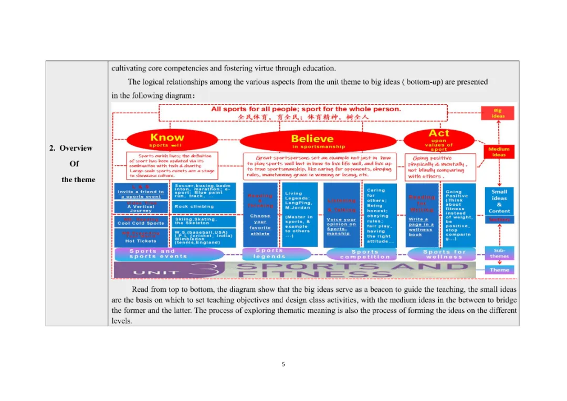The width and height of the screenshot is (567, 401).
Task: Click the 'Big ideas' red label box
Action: [497, 113]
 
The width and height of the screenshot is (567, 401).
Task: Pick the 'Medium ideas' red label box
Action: [498, 152]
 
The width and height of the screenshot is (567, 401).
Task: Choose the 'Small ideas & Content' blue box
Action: [499, 201]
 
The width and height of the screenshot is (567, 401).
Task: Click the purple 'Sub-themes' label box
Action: [499, 253]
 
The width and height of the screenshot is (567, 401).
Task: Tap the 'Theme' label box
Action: [499, 270]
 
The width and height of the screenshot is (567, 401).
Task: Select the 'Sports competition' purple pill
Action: [365, 254]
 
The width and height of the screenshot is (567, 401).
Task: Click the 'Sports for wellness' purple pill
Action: [444, 254]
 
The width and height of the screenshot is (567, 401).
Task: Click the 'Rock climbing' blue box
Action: [205, 207]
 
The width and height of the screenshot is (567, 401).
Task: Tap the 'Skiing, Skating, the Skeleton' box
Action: [205, 221]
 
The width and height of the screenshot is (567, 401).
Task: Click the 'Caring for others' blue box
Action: [381, 215]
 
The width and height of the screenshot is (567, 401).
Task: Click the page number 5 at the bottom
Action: [283, 364]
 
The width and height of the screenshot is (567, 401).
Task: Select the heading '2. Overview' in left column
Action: [71, 148]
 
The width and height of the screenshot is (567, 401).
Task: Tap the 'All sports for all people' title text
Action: [306, 109]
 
